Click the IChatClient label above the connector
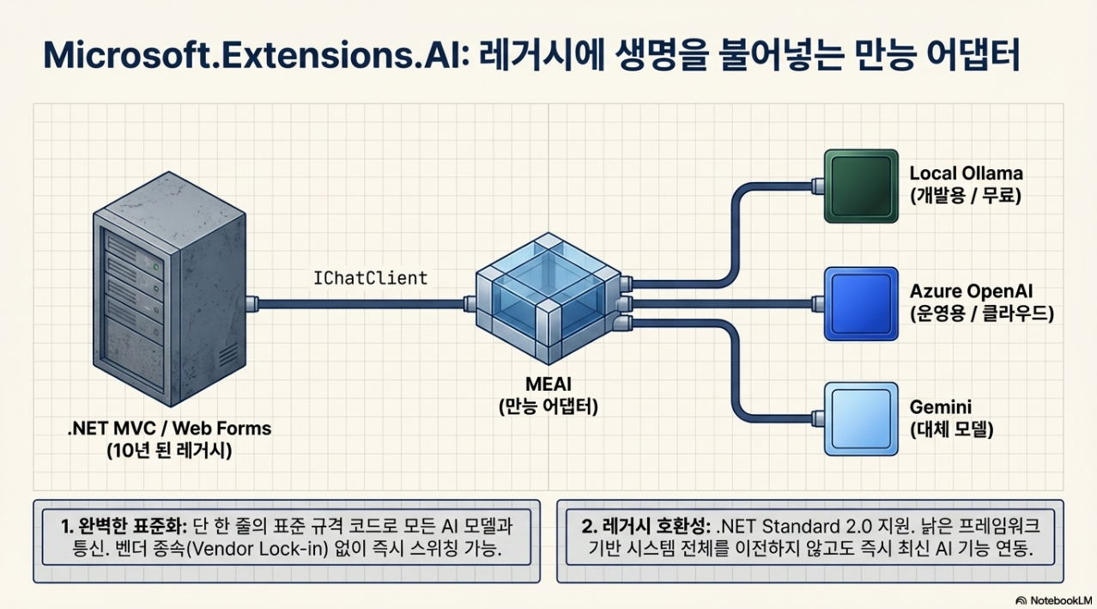point(372,277)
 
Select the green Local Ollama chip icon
point(859,186)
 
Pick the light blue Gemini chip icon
point(859,418)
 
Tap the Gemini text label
point(940,406)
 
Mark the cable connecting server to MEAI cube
point(361,302)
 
